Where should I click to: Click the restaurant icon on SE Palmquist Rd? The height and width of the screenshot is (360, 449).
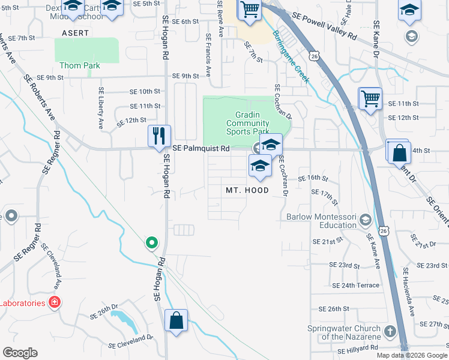[160, 136]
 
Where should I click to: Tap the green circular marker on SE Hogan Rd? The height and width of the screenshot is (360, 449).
[152, 243]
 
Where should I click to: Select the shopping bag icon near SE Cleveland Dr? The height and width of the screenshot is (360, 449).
[176, 320]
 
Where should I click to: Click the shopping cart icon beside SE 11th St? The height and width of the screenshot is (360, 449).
[370, 98]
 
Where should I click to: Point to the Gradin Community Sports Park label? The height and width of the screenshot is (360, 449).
[247, 123]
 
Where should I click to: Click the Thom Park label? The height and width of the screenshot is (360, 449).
[79, 65]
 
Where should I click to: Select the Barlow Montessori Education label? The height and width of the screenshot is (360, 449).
[321, 221]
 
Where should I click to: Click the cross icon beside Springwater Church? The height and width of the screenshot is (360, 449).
[390, 331]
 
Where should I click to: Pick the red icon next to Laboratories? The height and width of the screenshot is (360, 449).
[54, 302]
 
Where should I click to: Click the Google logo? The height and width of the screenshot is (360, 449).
[20, 353]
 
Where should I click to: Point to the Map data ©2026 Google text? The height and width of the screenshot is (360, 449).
[411, 355]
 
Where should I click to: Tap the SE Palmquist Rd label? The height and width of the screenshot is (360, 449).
[201, 148]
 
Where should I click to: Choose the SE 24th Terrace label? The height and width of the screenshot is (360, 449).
[354, 286]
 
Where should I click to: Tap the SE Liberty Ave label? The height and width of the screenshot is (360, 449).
[101, 108]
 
